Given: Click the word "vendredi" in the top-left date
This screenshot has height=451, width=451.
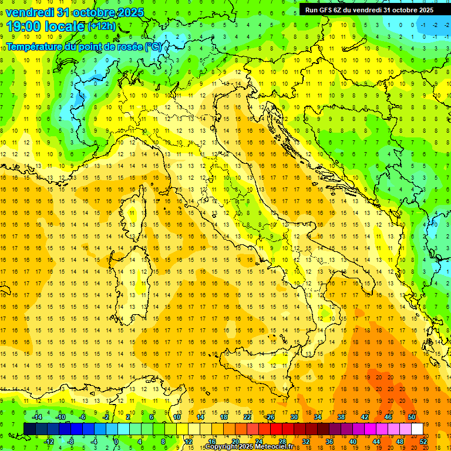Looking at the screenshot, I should pos(29,12).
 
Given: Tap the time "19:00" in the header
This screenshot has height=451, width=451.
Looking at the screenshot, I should pos(25,26).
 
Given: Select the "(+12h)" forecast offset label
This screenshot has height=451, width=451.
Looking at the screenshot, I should pos(102,26).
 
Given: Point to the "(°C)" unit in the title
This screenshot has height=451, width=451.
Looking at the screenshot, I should pos(154,46).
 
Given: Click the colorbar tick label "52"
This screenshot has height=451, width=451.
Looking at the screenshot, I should pos(423,442).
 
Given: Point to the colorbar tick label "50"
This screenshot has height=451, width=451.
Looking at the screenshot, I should pos(412,417).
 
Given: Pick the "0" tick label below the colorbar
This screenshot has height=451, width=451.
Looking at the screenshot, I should pos(116,442).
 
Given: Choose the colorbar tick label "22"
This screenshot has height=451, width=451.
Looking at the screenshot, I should pos(247,417).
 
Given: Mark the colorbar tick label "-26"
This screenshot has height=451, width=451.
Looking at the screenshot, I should pos(270,417).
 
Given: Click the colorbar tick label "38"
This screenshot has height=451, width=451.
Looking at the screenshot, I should pos(341,417).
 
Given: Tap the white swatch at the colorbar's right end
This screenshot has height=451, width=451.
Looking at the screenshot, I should pos(417,429).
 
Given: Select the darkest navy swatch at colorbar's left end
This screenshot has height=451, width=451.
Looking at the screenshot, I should pos(29,429).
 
